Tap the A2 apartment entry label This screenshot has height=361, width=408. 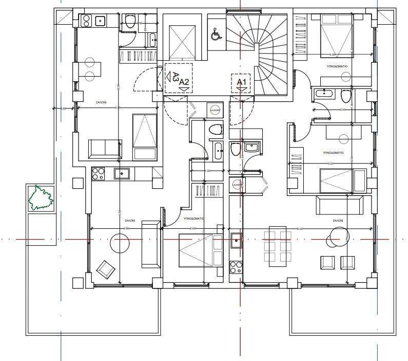click(x=184, y=82)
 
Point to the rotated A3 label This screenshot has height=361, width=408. click(x=174, y=78)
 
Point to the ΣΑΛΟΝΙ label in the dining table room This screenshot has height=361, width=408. click(x=337, y=221)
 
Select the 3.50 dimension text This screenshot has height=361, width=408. click(x=331, y=164)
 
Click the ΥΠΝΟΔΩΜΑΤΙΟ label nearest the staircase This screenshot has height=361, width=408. click(x=337, y=67)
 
